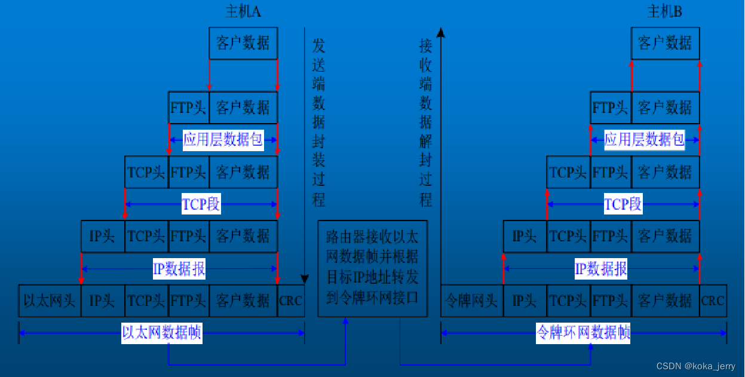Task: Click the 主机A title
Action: coord(243,11)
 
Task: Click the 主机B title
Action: coord(664,11)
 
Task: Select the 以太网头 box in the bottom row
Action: coord(50,301)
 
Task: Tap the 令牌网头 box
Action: coord(472,301)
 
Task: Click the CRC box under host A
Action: coord(291,301)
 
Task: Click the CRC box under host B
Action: coord(713,301)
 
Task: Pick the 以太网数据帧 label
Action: coord(161,333)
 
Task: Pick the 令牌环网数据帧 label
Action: coord(583,333)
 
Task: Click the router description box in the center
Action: coord(372,268)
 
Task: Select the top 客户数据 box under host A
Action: coord(243,43)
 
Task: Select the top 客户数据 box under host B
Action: coord(665,43)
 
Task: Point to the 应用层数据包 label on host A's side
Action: coord(223,140)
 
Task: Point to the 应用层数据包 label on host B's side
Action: coord(644,140)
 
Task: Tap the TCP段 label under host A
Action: coord(201,204)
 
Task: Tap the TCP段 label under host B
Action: coord(623,204)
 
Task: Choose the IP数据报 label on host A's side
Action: coord(179,269)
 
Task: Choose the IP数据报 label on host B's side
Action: coord(601,269)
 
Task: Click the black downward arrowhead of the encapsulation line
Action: coord(304,279)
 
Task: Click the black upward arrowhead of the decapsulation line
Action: coord(441,32)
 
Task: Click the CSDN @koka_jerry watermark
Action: coord(696,366)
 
